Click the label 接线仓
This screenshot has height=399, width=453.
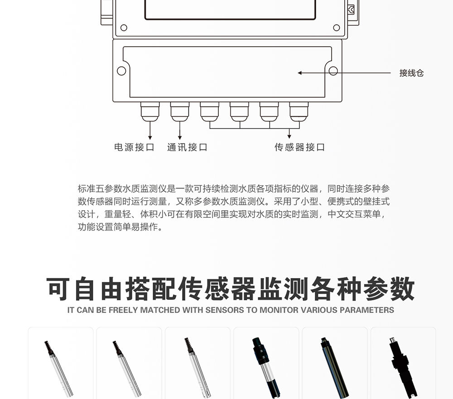point(411,73)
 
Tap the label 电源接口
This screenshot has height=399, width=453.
point(135,147)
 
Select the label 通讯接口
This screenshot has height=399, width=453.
point(187,147)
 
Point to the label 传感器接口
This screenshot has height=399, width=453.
point(299,147)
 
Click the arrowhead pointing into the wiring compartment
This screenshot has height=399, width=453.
point(299,73)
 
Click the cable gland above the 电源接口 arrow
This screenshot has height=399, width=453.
point(150,111)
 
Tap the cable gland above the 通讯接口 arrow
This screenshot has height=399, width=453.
point(180,111)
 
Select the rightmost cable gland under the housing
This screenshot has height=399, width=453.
point(299,111)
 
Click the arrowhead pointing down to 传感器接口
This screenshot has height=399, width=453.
point(289,136)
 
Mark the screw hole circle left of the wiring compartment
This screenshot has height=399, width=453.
point(121,71)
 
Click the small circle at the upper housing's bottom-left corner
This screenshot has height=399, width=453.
point(124,28)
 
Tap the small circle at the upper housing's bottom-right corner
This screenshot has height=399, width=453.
point(336,28)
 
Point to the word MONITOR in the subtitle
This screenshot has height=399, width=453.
point(279,310)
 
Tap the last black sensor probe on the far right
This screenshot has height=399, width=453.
point(403,368)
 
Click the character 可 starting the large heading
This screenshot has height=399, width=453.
point(58,289)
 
